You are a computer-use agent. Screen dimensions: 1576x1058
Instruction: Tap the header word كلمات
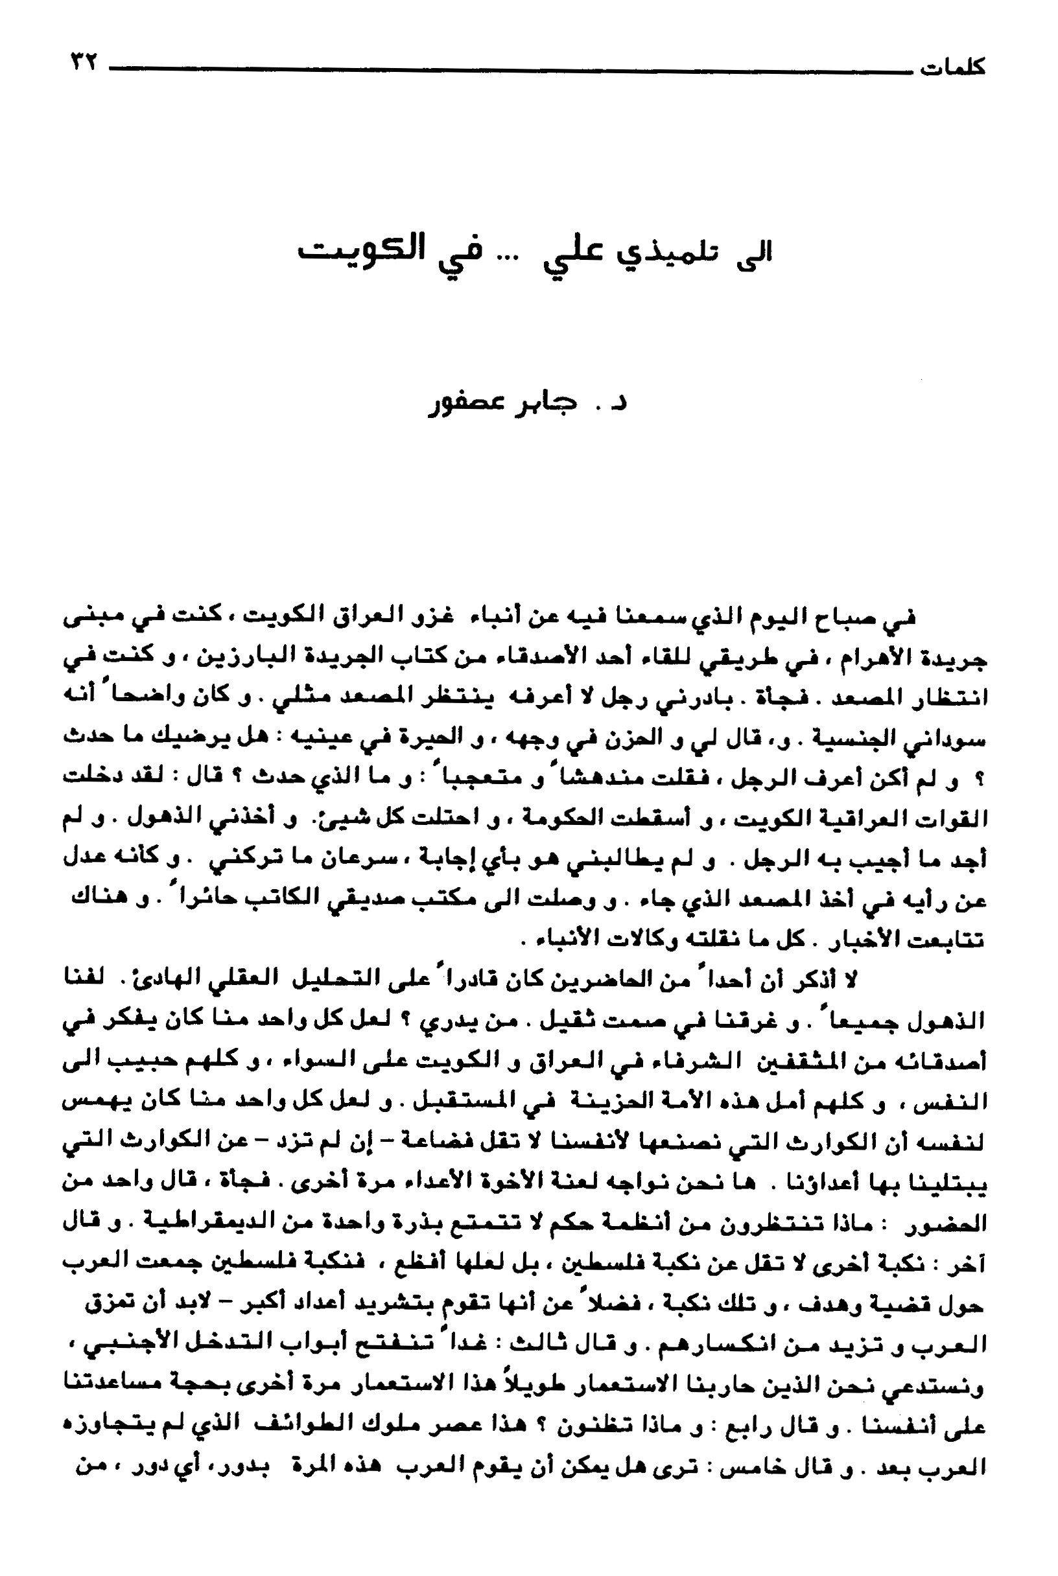[952, 68]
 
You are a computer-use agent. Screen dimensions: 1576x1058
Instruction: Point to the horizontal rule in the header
[506, 68]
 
